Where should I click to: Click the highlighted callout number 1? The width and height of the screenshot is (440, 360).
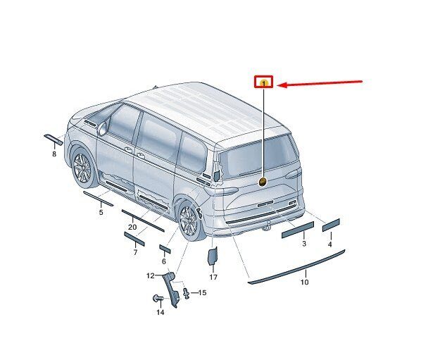point(263,82)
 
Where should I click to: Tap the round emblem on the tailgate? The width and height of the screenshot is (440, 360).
point(263,182)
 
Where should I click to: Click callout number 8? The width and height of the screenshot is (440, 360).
point(54,154)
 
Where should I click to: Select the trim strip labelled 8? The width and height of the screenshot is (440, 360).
point(54,139)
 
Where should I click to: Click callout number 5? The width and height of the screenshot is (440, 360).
point(101,212)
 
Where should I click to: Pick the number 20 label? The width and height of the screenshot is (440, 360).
point(132,227)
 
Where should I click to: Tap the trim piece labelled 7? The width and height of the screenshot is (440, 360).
point(134,239)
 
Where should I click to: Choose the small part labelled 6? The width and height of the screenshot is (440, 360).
point(165,249)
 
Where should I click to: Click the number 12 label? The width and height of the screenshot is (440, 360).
point(151,275)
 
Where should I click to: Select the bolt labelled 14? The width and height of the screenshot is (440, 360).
point(158,299)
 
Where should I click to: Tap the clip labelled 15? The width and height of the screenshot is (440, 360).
point(186,293)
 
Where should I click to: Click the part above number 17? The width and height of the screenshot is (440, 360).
point(213,256)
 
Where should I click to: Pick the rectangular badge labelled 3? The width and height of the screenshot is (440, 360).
point(298,230)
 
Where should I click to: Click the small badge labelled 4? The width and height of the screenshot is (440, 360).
point(331,225)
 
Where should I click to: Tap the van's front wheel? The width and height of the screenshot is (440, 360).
point(83,169)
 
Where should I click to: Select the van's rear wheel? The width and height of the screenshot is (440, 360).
point(189,221)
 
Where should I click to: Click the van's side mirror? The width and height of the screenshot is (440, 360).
point(102,128)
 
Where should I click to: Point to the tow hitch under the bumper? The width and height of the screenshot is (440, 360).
point(268,226)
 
